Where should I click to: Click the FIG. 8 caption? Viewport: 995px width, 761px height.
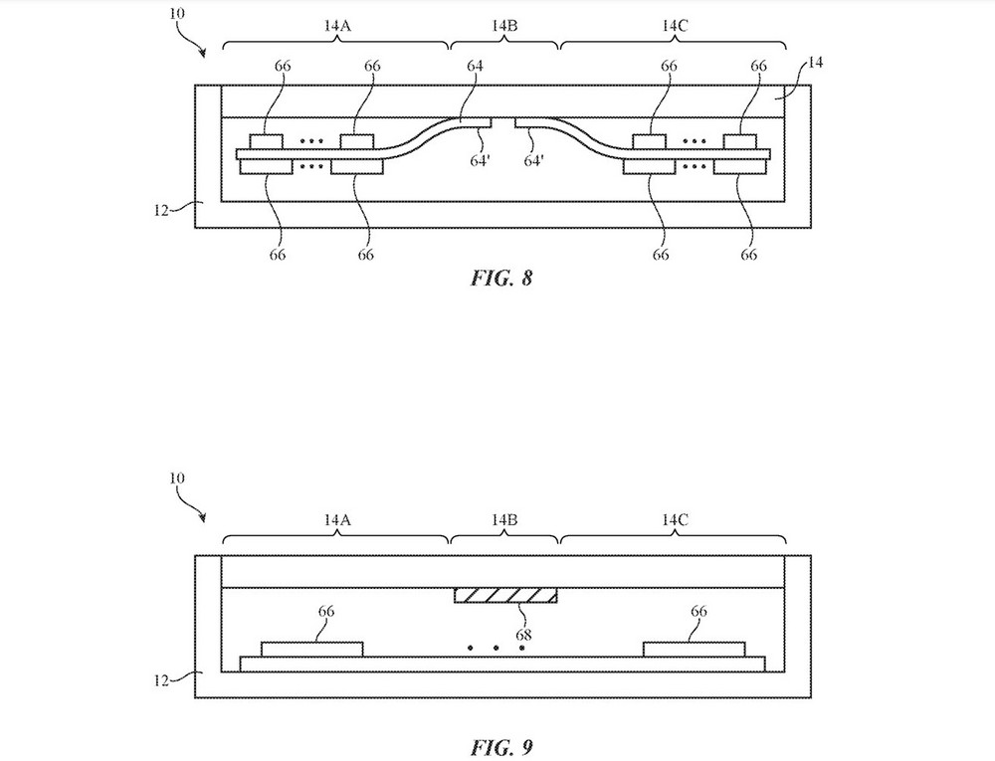click(x=501, y=278)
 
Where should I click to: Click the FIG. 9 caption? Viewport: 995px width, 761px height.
click(x=501, y=747)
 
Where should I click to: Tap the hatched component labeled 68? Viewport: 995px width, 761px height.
click(x=505, y=595)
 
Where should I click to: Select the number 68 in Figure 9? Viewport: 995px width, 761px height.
click(x=523, y=635)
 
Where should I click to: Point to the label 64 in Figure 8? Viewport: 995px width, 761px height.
click(x=475, y=66)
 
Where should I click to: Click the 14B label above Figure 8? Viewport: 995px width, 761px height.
click(x=504, y=26)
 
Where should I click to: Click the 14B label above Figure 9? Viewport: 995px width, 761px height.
click(x=504, y=520)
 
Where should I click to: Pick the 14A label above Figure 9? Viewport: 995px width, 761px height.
click(x=337, y=520)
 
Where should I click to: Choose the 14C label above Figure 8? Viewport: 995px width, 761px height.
click(x=675, y=26)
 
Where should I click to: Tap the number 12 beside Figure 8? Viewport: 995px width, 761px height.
click(x=162, y=210)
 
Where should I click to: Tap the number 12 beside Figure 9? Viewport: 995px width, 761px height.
click(x=162, y=680)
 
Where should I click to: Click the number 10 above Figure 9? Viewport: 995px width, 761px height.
click(x=177, y=477)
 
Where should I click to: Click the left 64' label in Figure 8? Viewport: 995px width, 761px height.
click(x=481, y=161)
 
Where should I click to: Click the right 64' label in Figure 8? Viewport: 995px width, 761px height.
click(x=533, y=161)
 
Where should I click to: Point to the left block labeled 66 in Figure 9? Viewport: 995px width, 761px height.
click(x=312, y=650)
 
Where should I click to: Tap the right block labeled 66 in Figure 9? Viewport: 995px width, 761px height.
click(x=695, y=650)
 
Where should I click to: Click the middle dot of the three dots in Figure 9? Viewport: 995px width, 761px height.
click(x=497, y=648)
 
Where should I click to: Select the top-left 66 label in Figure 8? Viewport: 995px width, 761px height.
click(x=283, y=66)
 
